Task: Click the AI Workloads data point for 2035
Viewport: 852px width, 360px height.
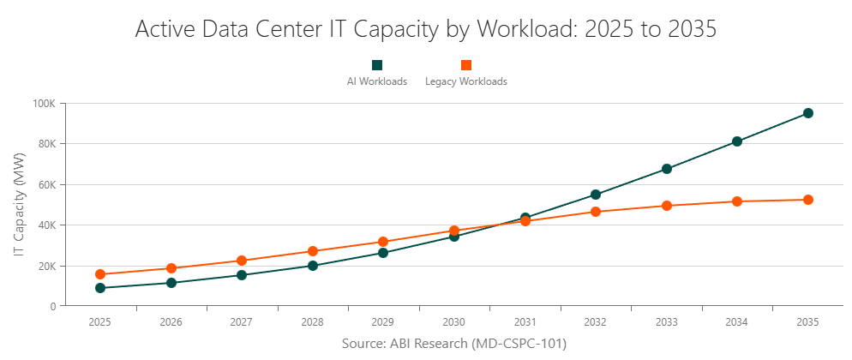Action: click(x=807, y=113)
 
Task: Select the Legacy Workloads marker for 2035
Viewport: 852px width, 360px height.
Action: click(x=807, y=200)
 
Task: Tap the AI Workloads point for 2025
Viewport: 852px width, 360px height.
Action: click(x=100, y=288)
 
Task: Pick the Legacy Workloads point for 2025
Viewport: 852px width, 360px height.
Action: click(x=100, y=274)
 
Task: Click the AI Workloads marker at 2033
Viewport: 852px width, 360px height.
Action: click(x=666, y=169)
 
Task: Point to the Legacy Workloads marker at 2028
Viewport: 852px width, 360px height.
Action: click(x=313, y=251)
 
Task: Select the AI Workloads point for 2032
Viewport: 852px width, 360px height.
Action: click(x=596, y=195)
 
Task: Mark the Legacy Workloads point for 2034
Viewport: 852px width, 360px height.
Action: click(x=737, y=201)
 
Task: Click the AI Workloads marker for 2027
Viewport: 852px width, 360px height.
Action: click(x=242, y=275)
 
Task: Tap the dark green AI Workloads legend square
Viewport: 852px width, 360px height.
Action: click(x=377, y=65)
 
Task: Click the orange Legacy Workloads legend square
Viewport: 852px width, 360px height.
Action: click(x=466, y=65)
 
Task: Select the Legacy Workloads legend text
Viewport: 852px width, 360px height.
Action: click(x=466, y=82)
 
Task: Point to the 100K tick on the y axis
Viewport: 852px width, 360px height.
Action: click(x=45, y=104)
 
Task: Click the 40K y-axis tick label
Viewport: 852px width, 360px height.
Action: click(x=46, y=225)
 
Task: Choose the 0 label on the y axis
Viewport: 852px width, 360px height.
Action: click(x=53, y=306)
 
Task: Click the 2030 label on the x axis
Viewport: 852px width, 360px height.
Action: click(x=454, y=322)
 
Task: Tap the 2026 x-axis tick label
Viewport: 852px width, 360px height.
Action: click(x=171, y=322)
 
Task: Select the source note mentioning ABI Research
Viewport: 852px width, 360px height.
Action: click(x=454, y=343)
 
